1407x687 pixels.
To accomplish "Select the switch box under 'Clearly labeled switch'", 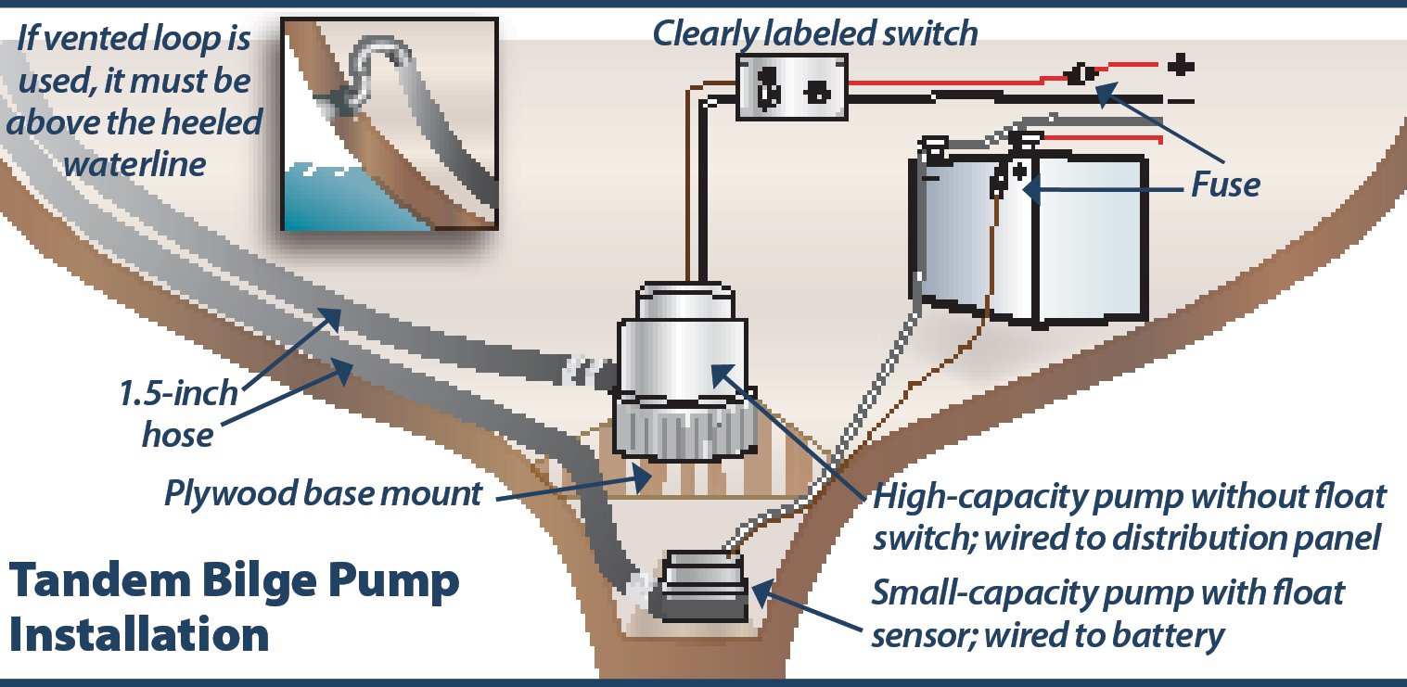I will (x=791, y=87).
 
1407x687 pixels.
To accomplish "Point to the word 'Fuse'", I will (x=1226, y=185).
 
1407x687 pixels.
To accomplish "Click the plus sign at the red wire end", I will (x=1179, y=67).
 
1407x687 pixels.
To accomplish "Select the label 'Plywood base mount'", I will (x=323, y=492).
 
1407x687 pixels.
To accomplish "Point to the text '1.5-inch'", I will (x=177, y=394).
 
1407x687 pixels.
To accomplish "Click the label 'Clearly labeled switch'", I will (x=815, y=33).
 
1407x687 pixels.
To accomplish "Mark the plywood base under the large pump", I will (x=705, y=473).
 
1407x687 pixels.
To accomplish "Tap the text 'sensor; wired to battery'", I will (x=1048, y=635).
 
